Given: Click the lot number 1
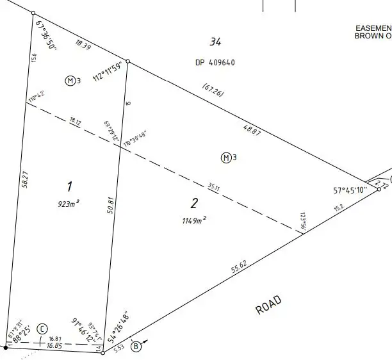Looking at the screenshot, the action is [x=69, y=186].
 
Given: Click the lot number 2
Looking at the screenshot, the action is [x=194, y=204].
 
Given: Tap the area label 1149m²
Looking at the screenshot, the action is [x=193, y=220].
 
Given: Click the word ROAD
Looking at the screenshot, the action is [x=268, y=305].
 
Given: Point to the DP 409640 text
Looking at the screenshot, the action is [x=215, y=63].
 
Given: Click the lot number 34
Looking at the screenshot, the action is [x=215, y=42].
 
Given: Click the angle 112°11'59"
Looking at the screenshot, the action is [x=107, y=72].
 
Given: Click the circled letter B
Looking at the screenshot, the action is [x=136, y=347].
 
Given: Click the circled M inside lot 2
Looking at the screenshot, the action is [x=225, y=157].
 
